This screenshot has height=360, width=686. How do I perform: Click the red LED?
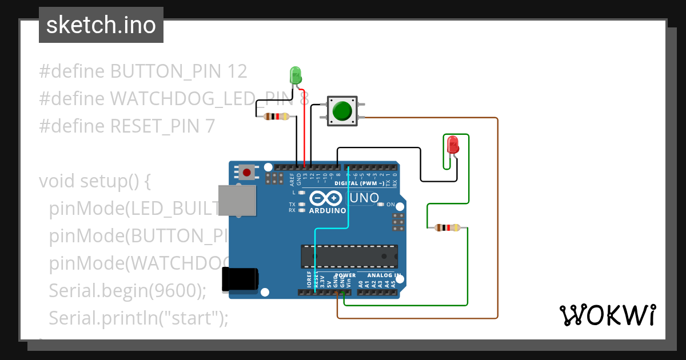[x=453, y=144]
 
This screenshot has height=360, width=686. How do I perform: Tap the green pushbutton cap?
[x=342, y=110]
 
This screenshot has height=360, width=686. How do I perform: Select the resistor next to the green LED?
[x=276, y=117]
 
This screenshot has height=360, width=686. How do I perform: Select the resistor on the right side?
[x=447, y=228]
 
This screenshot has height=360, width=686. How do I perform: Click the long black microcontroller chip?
[x=349, y=256]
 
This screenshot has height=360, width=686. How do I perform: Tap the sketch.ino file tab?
[x=101, y=25]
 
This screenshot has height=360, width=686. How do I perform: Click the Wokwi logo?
[x=607, y=315]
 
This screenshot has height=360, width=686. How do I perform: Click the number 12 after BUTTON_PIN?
[x=237, y=71]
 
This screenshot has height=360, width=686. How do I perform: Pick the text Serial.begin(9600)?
[x=127, y=290]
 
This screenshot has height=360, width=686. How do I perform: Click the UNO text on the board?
[x=364, y=198]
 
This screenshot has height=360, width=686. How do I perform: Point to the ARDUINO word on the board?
[x=327, y=210]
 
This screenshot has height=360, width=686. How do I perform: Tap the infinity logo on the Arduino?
[x=326, y=198]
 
